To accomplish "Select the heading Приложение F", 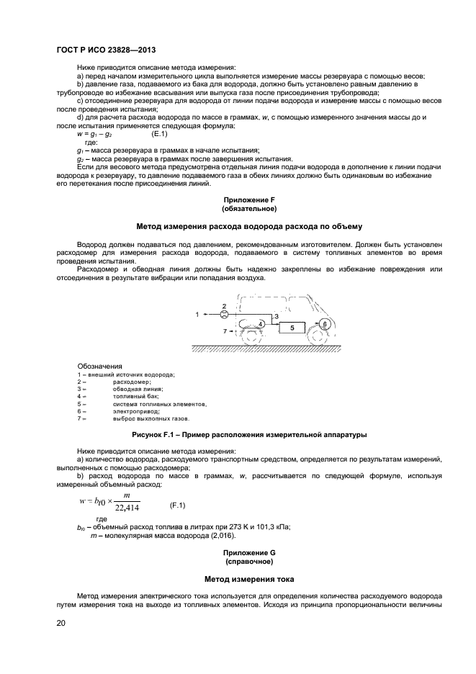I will pos(250,198).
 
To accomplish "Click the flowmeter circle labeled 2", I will pos(224,315).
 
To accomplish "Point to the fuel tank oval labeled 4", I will pos(261,325).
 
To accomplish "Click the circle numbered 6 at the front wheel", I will pos(325,325).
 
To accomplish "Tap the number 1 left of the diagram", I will pos(196,315).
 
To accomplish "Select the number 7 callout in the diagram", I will pos(224,331).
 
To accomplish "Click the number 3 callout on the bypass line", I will pos(277,317).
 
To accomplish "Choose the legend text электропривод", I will pos(133,411).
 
